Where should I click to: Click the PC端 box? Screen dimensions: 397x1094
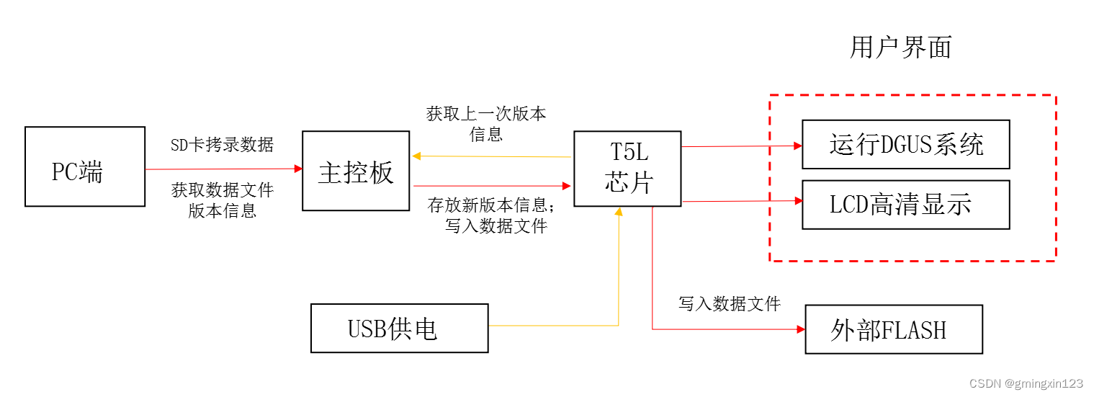(84, 166)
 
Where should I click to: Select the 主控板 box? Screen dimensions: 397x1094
(356, 171)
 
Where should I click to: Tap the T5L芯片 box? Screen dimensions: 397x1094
(627, 169)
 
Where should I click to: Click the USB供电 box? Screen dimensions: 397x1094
(399, 328)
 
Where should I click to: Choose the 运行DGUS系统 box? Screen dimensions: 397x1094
(905, 145)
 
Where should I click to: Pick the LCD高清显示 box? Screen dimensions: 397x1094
(905, 205)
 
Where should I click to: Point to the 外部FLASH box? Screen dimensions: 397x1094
(893, 329)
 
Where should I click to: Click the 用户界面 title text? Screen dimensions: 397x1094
(900, 48)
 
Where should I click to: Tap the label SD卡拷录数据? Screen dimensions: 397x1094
(222, 145)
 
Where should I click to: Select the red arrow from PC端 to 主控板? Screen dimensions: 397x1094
(223, 169)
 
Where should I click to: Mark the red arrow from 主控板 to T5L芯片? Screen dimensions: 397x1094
(493, 186)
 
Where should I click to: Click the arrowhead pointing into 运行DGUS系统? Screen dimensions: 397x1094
(798, 146)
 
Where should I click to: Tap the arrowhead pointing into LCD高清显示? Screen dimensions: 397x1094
(798, 201)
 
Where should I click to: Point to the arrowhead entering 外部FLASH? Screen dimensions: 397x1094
(801, 329)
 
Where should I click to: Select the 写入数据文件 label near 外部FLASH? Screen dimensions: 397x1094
(729, 303)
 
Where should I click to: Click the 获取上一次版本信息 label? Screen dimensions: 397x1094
(486, 124)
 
